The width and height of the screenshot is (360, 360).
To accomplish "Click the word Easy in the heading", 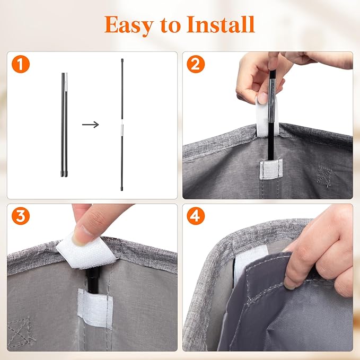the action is (128, 25).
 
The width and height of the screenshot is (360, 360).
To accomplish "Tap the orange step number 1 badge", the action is (21, 64).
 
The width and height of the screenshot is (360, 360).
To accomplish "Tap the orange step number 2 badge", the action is (196, 64).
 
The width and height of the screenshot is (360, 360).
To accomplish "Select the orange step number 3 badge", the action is (21, 216).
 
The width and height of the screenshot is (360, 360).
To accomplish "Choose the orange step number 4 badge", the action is (196, 216).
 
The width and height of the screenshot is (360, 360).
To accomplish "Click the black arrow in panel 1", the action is (91, 125).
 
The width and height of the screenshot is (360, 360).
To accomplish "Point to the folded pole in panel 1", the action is (64, 125).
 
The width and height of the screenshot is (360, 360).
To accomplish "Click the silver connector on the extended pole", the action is (122, 130).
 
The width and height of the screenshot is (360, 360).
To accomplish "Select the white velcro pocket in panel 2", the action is (271, 170).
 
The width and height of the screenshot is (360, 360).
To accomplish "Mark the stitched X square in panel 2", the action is (324, 177).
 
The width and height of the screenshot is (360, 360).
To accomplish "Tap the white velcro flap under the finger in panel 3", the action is (86, 252).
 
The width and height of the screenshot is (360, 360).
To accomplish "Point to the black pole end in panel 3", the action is (93, 279).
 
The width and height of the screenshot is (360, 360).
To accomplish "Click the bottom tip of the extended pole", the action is (122, 190).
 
